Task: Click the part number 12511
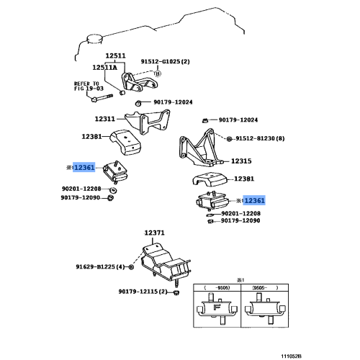[x=115, y=55]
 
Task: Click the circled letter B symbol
[x=158, y=73]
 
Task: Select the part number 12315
[x=241, y=161]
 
